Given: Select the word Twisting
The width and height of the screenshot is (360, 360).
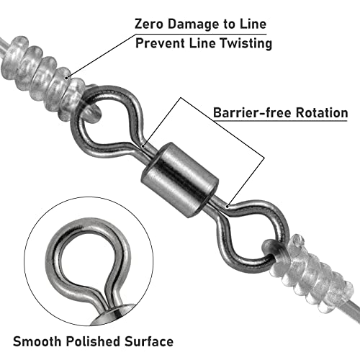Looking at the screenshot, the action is click(x=246, y=44).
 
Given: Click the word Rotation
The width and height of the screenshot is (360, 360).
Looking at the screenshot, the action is click(x=322, y=112).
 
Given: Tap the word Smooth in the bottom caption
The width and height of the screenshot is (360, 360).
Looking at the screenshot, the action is click(x=37, y=341).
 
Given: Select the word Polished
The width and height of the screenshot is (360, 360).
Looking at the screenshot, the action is click(x=93, y=341).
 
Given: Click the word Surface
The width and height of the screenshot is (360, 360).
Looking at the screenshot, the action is click(x=149, y=341).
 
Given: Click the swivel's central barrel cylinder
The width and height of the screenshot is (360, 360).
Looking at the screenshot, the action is click(x=179, y=179).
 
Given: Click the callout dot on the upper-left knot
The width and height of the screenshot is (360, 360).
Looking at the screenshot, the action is click(x=66, y=77).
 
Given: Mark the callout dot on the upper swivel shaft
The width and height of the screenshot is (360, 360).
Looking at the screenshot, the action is click(x=143, y=145).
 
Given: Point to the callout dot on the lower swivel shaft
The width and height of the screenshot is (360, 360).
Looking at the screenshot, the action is click(x=228, y=206).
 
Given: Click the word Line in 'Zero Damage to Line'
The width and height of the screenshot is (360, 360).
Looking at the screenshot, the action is click(x=253, y=24).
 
